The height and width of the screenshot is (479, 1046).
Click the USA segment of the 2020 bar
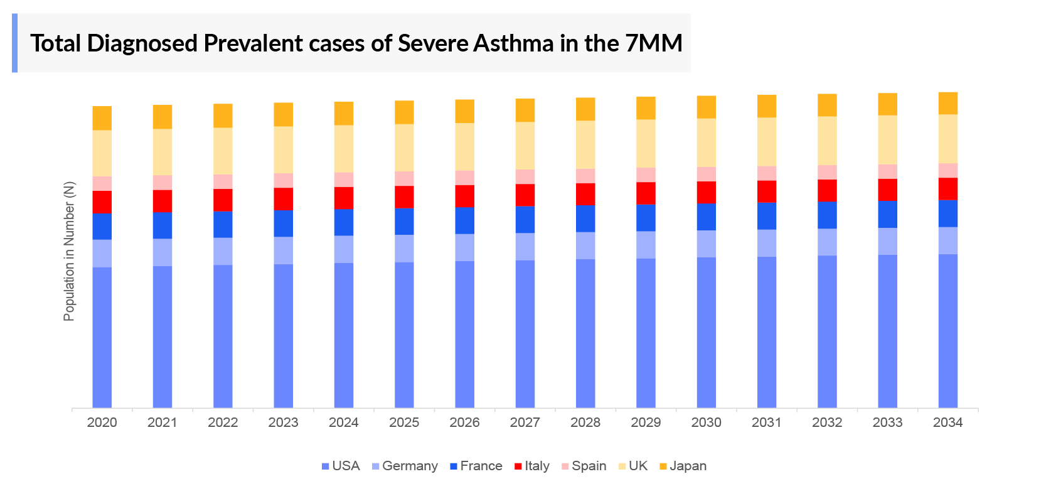102,337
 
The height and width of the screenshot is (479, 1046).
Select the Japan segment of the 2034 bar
947,103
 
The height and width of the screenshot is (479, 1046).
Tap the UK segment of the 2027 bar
525,145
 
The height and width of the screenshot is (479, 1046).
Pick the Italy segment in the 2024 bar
343,198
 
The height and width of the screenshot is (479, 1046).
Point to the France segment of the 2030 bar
706,217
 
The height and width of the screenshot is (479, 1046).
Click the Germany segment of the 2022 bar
223,251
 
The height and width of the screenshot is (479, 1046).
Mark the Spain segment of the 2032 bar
827,172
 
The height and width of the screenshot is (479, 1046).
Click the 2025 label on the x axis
404,422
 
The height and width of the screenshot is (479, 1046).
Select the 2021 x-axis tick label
162,422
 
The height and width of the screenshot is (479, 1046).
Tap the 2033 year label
887,422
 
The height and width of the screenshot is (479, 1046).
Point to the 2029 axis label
646,422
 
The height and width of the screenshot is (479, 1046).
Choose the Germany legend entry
405,466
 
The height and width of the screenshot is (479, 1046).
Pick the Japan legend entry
683,466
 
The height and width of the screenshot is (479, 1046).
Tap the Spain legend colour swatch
565,466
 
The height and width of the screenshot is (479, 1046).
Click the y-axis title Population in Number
69,251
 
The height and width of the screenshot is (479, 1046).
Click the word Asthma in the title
513,43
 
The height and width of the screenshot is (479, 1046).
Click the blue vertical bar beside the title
14,43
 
